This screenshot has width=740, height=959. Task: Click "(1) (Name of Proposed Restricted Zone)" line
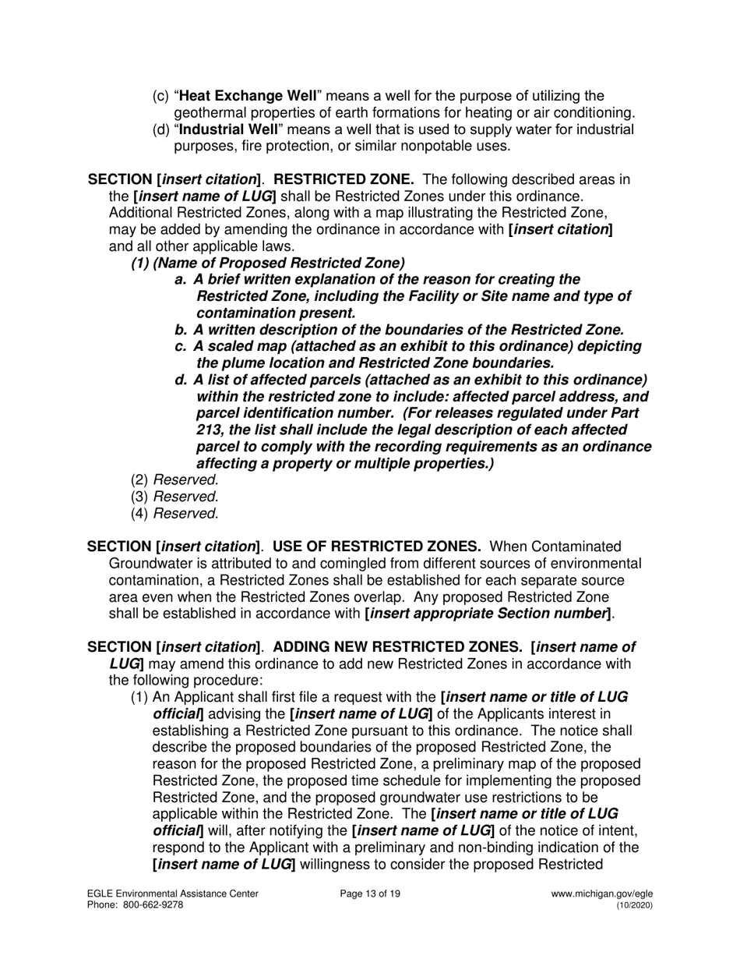coord(267,263)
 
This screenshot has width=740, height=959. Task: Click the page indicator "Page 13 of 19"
coord(370,894)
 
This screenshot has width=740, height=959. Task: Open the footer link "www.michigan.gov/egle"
coord(601,894)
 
